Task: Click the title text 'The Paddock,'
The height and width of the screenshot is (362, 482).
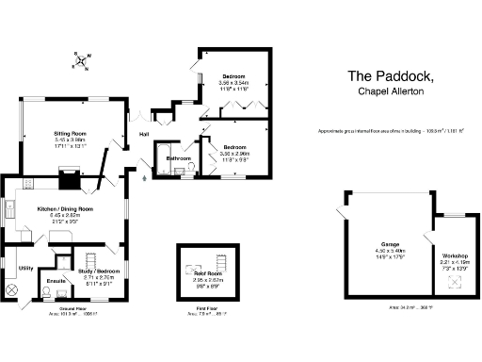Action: click(389, 75)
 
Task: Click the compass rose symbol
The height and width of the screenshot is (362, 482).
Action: click(81, 63)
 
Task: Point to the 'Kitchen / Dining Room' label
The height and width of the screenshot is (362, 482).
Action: click(65, 208)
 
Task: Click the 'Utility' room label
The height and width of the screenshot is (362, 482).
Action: click(25, 269)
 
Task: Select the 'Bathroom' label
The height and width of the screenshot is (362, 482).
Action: click(179, 158)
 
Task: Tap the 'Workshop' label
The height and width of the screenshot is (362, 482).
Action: click(454, 255)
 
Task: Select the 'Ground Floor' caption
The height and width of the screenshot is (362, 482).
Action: click(73, 308)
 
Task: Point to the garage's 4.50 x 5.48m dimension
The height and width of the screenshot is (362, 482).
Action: click(381, 251)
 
